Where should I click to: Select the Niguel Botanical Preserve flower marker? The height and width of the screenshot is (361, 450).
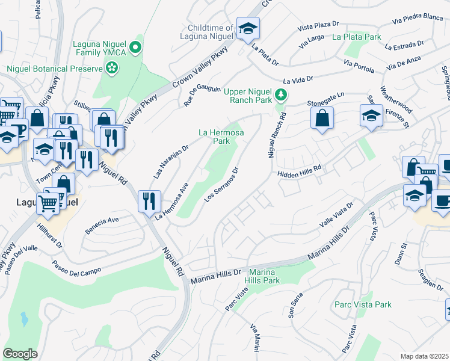(x=111, y=69)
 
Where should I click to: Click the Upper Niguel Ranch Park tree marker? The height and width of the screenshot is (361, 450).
(x=280, y=95)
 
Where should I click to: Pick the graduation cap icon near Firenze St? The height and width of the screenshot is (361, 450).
(x=371, y=116)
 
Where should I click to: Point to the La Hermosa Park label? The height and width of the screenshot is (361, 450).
(x=215, y=137)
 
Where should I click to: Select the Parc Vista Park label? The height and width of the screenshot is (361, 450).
(x=363, y=304)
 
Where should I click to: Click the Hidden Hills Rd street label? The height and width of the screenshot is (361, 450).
(x=300, y=173)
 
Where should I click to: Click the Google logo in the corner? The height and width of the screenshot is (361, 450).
(x=20, y=353)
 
